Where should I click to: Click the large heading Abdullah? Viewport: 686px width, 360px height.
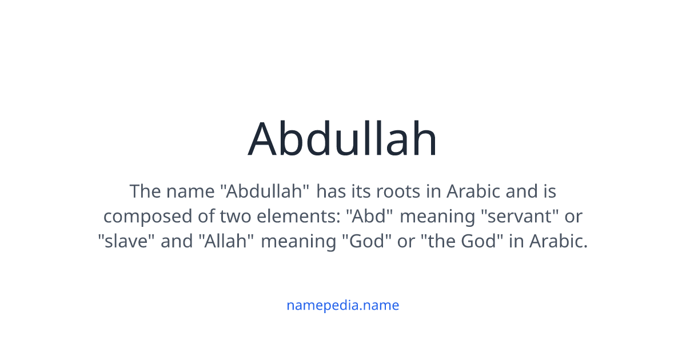coord(343,139)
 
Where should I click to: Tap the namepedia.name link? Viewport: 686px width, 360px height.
coord(343,305)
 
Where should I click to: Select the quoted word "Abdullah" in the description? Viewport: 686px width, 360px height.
coord(266,191)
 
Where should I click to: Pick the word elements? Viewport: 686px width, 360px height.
coord(297,217)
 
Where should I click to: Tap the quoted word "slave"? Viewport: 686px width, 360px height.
coord(126,242)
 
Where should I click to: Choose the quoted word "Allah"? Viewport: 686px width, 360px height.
coord(226,242)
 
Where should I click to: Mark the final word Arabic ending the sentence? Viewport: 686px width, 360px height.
coord(558,242)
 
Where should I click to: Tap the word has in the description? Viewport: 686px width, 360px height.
coord(331,191)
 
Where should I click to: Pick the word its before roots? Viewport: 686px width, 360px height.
coord(360,191)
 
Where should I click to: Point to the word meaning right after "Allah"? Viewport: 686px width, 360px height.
coord(298,242)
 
